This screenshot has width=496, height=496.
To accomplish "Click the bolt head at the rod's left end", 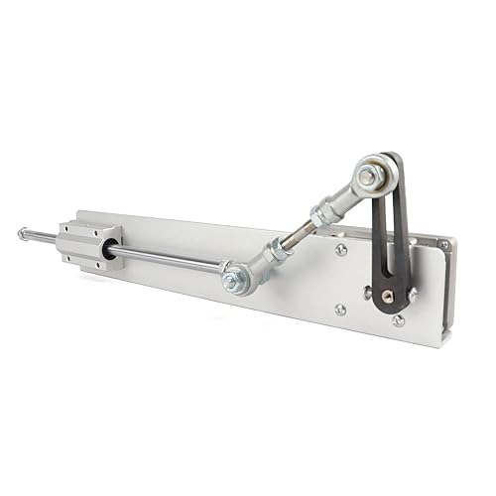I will (22, 234).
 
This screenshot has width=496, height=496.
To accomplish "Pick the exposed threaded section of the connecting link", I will (299, 235).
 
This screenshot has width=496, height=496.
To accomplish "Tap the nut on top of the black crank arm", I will (368, 177).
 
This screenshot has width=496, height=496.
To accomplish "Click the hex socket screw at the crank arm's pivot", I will (389, 295).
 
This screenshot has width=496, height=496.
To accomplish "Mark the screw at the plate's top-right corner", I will (444, 245).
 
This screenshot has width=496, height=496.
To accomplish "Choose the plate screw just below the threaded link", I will (341, 250).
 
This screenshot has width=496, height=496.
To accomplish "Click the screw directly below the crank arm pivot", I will (398, 320).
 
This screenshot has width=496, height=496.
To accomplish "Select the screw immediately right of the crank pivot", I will (413, 294).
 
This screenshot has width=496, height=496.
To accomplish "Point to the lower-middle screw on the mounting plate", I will (340, 309).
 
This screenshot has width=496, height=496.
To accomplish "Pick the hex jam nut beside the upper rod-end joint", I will (319, 213).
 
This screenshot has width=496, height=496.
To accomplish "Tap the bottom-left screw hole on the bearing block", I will (73, 260).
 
